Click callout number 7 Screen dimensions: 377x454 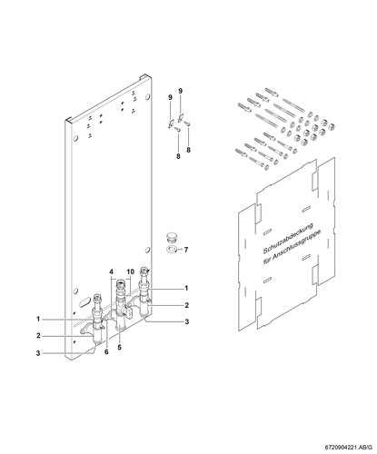coord(186,250)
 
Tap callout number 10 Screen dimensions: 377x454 coord(130,271)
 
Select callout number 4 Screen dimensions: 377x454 coord(112,271)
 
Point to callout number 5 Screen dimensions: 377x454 coord(120,347)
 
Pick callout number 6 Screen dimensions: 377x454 coord(106,352)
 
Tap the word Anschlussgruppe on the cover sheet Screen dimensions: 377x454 coord(297,246)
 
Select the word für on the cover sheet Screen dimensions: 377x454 coord(267,260)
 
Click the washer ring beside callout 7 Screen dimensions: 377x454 coord(171,250)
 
